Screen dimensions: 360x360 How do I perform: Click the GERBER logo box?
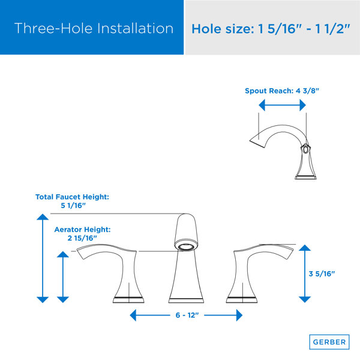click(329, 342)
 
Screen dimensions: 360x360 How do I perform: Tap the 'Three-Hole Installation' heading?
click(94, 28)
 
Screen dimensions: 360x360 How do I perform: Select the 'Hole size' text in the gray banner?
click(223, 29)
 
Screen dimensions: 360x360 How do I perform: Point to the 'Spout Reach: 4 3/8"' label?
click(282, 91)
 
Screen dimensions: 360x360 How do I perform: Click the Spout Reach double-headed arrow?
click(282, 105)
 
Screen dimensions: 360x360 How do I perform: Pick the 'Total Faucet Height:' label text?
click(72, 197)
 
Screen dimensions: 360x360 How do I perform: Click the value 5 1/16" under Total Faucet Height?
click(73, 205)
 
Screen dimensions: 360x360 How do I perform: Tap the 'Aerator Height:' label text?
click(82, 229)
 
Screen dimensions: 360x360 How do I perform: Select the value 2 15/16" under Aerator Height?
click(82, 238)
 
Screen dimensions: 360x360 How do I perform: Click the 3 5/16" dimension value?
click(322, 274)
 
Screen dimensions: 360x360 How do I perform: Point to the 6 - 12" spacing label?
click(187, 315)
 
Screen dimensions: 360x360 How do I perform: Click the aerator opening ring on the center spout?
click(186, 247)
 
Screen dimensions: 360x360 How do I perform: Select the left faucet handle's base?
click(128, 300)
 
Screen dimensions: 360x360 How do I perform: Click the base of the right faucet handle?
click(242, 300)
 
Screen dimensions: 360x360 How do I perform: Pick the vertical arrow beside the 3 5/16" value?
click(305, 274)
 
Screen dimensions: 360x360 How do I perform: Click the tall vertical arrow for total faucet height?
click(43, 258)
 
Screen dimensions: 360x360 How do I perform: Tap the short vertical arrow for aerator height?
click(63, 277)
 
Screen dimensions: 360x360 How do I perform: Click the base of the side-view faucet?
click(305, 177)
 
